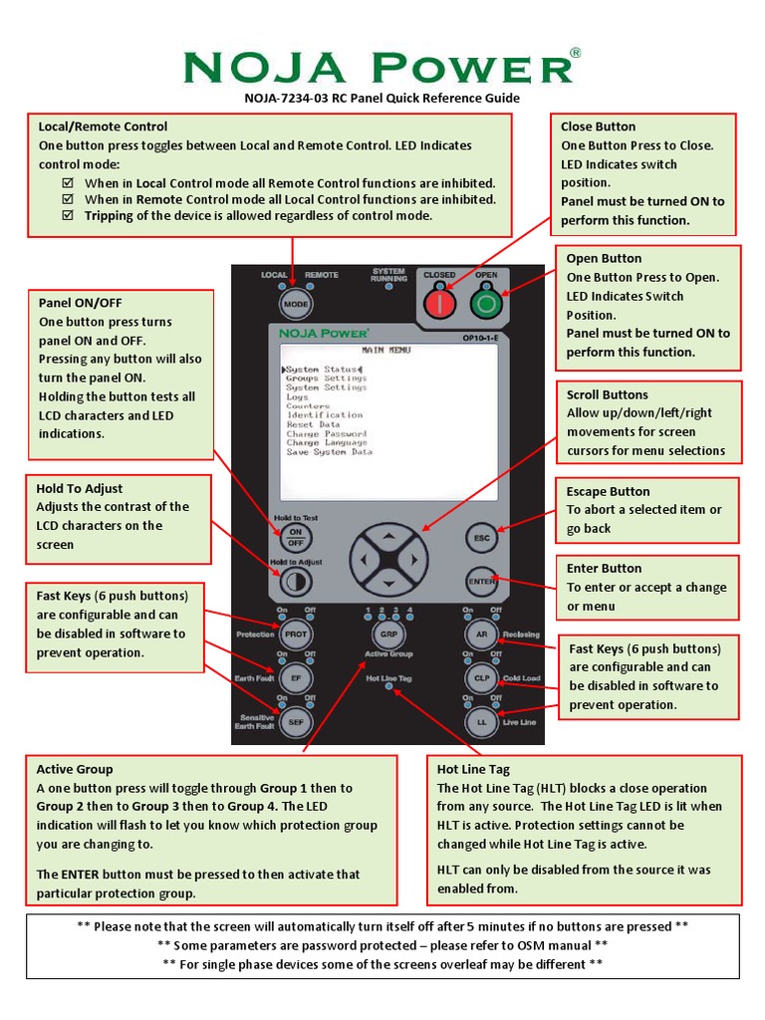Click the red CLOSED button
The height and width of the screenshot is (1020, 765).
click(x=439, y=302)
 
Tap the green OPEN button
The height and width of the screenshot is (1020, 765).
click(x=486, y=302)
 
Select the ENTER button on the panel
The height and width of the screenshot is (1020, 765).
click(x=482, y=581)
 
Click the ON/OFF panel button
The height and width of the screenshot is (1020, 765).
click(x=295, y=538)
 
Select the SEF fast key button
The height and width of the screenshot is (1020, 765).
click(x=295, y=721)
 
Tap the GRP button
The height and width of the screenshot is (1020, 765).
click(x=387, y=634)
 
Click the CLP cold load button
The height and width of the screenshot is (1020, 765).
click(x=481, y=677)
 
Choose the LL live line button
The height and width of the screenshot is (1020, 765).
click(x=481, y=721)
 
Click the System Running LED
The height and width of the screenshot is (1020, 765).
click(x=388, y=288)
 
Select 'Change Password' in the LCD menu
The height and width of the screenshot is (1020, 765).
click(x=326, y=434)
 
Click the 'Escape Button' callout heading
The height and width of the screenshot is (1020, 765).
click(x=608, y=491)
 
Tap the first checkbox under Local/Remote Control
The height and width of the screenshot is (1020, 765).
click(x=68, y=183)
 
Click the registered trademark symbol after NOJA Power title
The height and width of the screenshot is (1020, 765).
click(x=575, y=54)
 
